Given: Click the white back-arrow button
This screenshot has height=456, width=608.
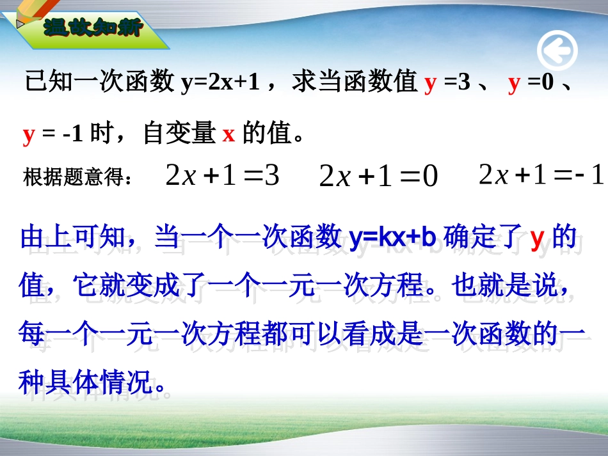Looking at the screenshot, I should (x=557, y=51).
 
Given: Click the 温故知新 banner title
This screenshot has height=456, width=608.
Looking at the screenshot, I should (x=93, y=28).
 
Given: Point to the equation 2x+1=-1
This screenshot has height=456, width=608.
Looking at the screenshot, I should (x=541, y=175).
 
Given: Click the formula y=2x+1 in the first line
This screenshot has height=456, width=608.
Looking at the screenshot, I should (x=220, y=83).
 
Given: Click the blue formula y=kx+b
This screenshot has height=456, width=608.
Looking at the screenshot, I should (x=392, y=238).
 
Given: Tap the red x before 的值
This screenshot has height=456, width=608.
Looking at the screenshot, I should (x=228, y=134).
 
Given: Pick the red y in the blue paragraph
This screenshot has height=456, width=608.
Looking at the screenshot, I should (x=537, y=238).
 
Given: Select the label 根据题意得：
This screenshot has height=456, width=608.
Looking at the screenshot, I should (x=79, y=177).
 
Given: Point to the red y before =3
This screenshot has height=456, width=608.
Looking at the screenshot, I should (x=430, y=83).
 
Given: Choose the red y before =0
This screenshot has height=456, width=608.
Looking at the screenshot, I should (x=514, y=83).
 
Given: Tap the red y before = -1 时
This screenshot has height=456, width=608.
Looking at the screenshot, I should (x=28, y=134).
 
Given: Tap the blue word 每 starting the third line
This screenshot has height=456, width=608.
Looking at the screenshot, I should (x=32, y=334).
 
